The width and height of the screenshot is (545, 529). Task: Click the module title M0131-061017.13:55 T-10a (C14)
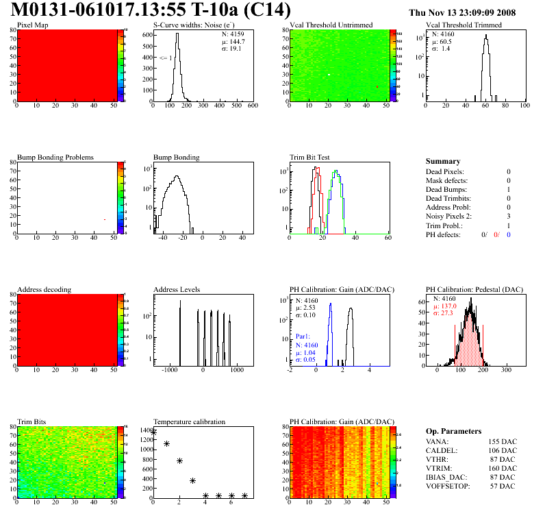tap(151, 11)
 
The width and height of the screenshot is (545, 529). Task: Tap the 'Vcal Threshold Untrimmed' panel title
tap(331, 25)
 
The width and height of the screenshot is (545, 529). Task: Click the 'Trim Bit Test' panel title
tap(311, 158)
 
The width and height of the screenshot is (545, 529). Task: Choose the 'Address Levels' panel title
tap(177, 290)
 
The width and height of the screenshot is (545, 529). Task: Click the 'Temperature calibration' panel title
tap(189, 422)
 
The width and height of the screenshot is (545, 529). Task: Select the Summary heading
tap(443, 162)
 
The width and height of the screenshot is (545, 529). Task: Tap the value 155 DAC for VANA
tap(499, 443)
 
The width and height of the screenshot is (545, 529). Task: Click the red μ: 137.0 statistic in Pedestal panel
tap(447, 306)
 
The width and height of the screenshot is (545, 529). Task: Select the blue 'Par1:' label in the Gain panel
tap(303, 337)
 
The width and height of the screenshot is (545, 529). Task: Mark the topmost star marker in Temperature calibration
tap(153, 432)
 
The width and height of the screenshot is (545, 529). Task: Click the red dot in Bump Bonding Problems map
tap(105, 220)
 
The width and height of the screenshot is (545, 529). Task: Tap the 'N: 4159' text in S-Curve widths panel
tap(231, 34)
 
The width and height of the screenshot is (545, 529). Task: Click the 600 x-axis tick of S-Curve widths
tap(252, 106)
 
